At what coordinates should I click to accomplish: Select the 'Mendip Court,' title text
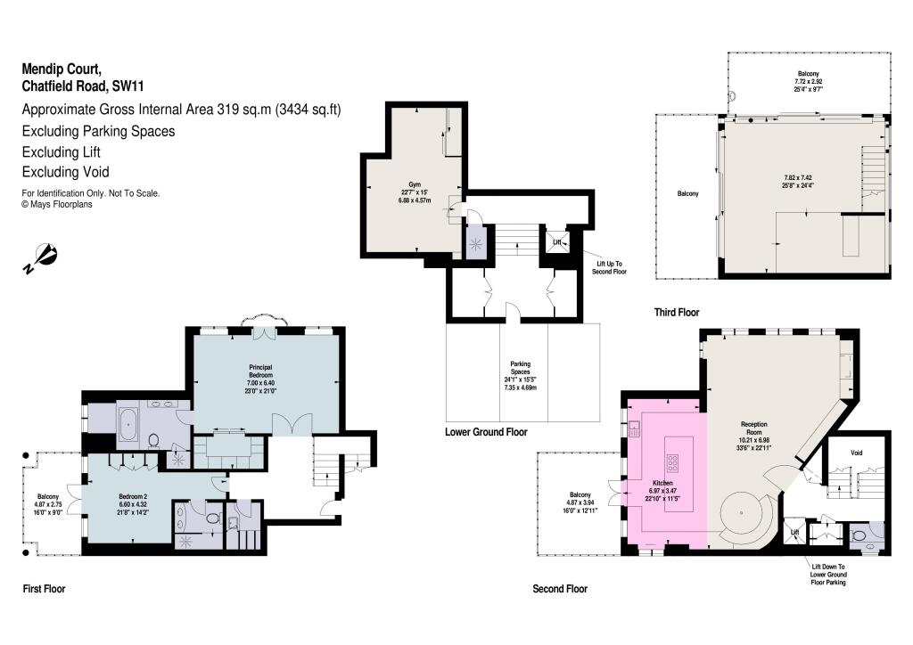point(63,69)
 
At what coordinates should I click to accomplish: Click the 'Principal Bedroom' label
point(266,371)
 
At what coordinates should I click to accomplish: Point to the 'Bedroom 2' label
point(133,496)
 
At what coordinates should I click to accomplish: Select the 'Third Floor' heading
point(676,313)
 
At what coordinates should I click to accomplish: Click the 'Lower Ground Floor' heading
point(486,432)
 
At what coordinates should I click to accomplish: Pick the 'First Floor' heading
point(44,589)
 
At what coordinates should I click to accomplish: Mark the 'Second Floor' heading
point(560,589)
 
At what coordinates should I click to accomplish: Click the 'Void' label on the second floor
point(857,453)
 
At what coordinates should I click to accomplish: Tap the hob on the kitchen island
point(673,463)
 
